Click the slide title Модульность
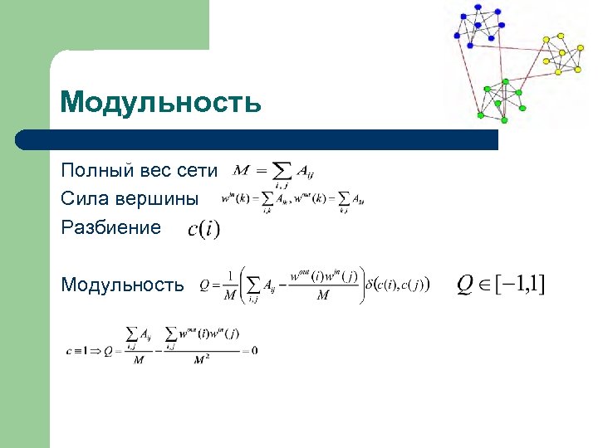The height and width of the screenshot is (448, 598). pos(161,103)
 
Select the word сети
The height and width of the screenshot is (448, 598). pos(198,171)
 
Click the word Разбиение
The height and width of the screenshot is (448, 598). pos(110,227)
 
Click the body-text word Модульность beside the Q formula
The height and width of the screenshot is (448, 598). pos(123,285)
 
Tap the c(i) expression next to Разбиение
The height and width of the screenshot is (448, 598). pos(203,228)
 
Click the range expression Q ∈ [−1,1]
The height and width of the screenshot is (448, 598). pos(502,285)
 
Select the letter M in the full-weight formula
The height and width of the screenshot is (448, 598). pos(242,170)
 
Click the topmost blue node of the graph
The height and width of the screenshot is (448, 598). pos(479,7)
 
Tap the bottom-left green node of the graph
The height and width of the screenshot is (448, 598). pos(481,114)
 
